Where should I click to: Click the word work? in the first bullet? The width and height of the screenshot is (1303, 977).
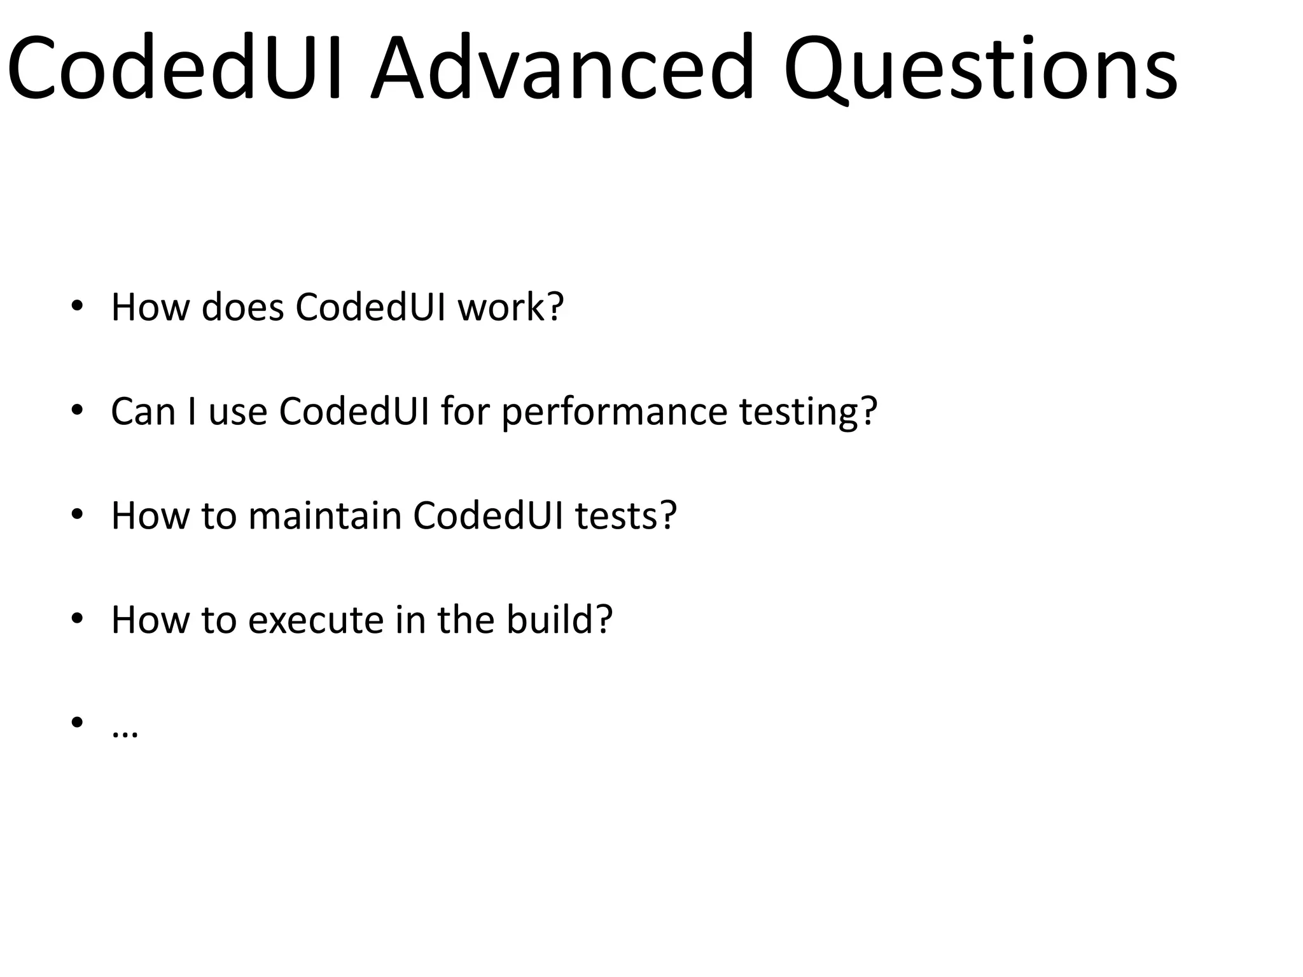[x=511, y=307]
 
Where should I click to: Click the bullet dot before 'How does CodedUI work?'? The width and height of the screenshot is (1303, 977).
[x=77, y=305]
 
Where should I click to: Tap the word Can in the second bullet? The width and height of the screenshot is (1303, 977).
[x=143, y=412]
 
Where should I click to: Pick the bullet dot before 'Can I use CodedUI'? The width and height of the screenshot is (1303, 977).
[x=77, y=410]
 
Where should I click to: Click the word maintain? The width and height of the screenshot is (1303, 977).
[x=324, y=515]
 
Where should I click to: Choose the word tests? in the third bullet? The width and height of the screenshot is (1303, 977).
[x=626, y=515]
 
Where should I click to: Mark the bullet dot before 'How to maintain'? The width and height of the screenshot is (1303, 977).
[x=77, y=514]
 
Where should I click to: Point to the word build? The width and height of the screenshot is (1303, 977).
[x=559, y=620]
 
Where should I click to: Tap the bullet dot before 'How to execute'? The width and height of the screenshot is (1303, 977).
[x=77, y=618]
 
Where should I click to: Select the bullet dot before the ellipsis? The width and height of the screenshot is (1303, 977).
[x=77, y=722]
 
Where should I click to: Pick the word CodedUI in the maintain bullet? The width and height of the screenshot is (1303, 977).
[x=488, y=515]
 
